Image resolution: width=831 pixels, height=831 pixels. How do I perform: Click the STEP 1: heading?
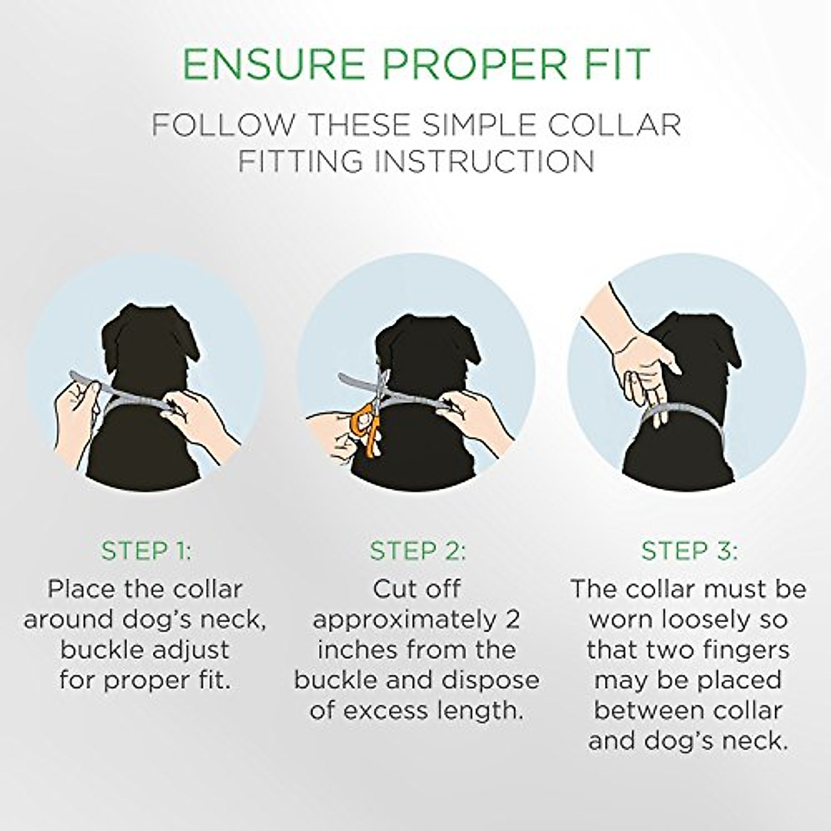click(145, 551)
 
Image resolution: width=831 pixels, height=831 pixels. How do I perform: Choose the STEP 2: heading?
click(417, 551)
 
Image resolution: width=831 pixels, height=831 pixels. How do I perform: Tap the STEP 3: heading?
click(688, 551)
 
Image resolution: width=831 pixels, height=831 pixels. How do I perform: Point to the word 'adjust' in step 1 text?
click(196, 650)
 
